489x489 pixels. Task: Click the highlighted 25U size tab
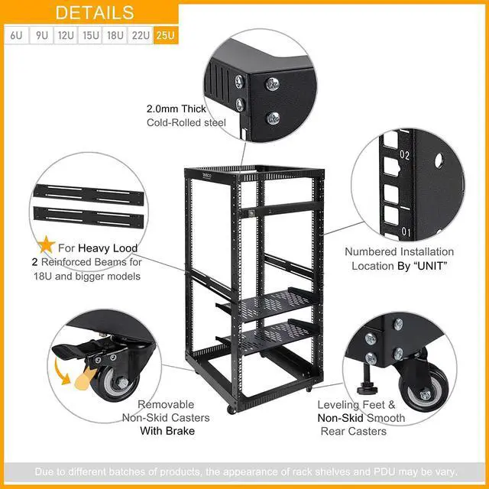pyautogui.click(x=165, y=35)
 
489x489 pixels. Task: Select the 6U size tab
pyautogui.click(x=16, y=35)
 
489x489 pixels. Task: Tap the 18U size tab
pyautogui.click(x=115, y=35)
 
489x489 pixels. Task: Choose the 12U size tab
pyautogui.click(x=66, y=35)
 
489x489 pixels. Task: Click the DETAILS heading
pyautogui.click(x=95, y=13)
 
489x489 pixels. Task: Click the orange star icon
pyautogui.click(x=47, y=245)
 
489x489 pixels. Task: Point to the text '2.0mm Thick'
pyautogui.click(x=176, y=109)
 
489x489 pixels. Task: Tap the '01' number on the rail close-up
pyautogui.click(x=406, y=232)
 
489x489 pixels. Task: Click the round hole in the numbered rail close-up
pyautogui.click(x=439, y=160)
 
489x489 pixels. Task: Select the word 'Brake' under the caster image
pyautogui.click(x=178, y=431)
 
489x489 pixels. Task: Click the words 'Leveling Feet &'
pyautogui.click(x=356, y=404)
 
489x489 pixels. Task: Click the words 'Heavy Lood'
pyautogui.click(x=107, y=249)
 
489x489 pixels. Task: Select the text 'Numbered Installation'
pyautogui.click(x=399, y=251)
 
